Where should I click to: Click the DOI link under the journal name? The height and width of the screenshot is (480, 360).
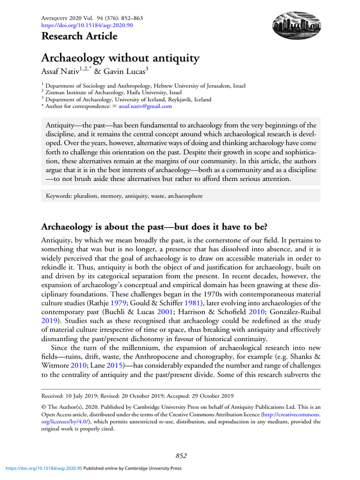[x=87, y=25]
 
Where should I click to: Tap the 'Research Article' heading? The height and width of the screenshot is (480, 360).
[x=80, y=36]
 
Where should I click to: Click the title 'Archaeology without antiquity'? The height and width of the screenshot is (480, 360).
[x=120, y=59]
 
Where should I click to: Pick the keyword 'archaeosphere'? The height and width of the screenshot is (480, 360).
[x=186, y=196]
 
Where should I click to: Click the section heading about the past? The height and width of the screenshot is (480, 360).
[x=154, y=227]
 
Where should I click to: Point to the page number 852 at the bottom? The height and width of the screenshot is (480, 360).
[x=181, y=455]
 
